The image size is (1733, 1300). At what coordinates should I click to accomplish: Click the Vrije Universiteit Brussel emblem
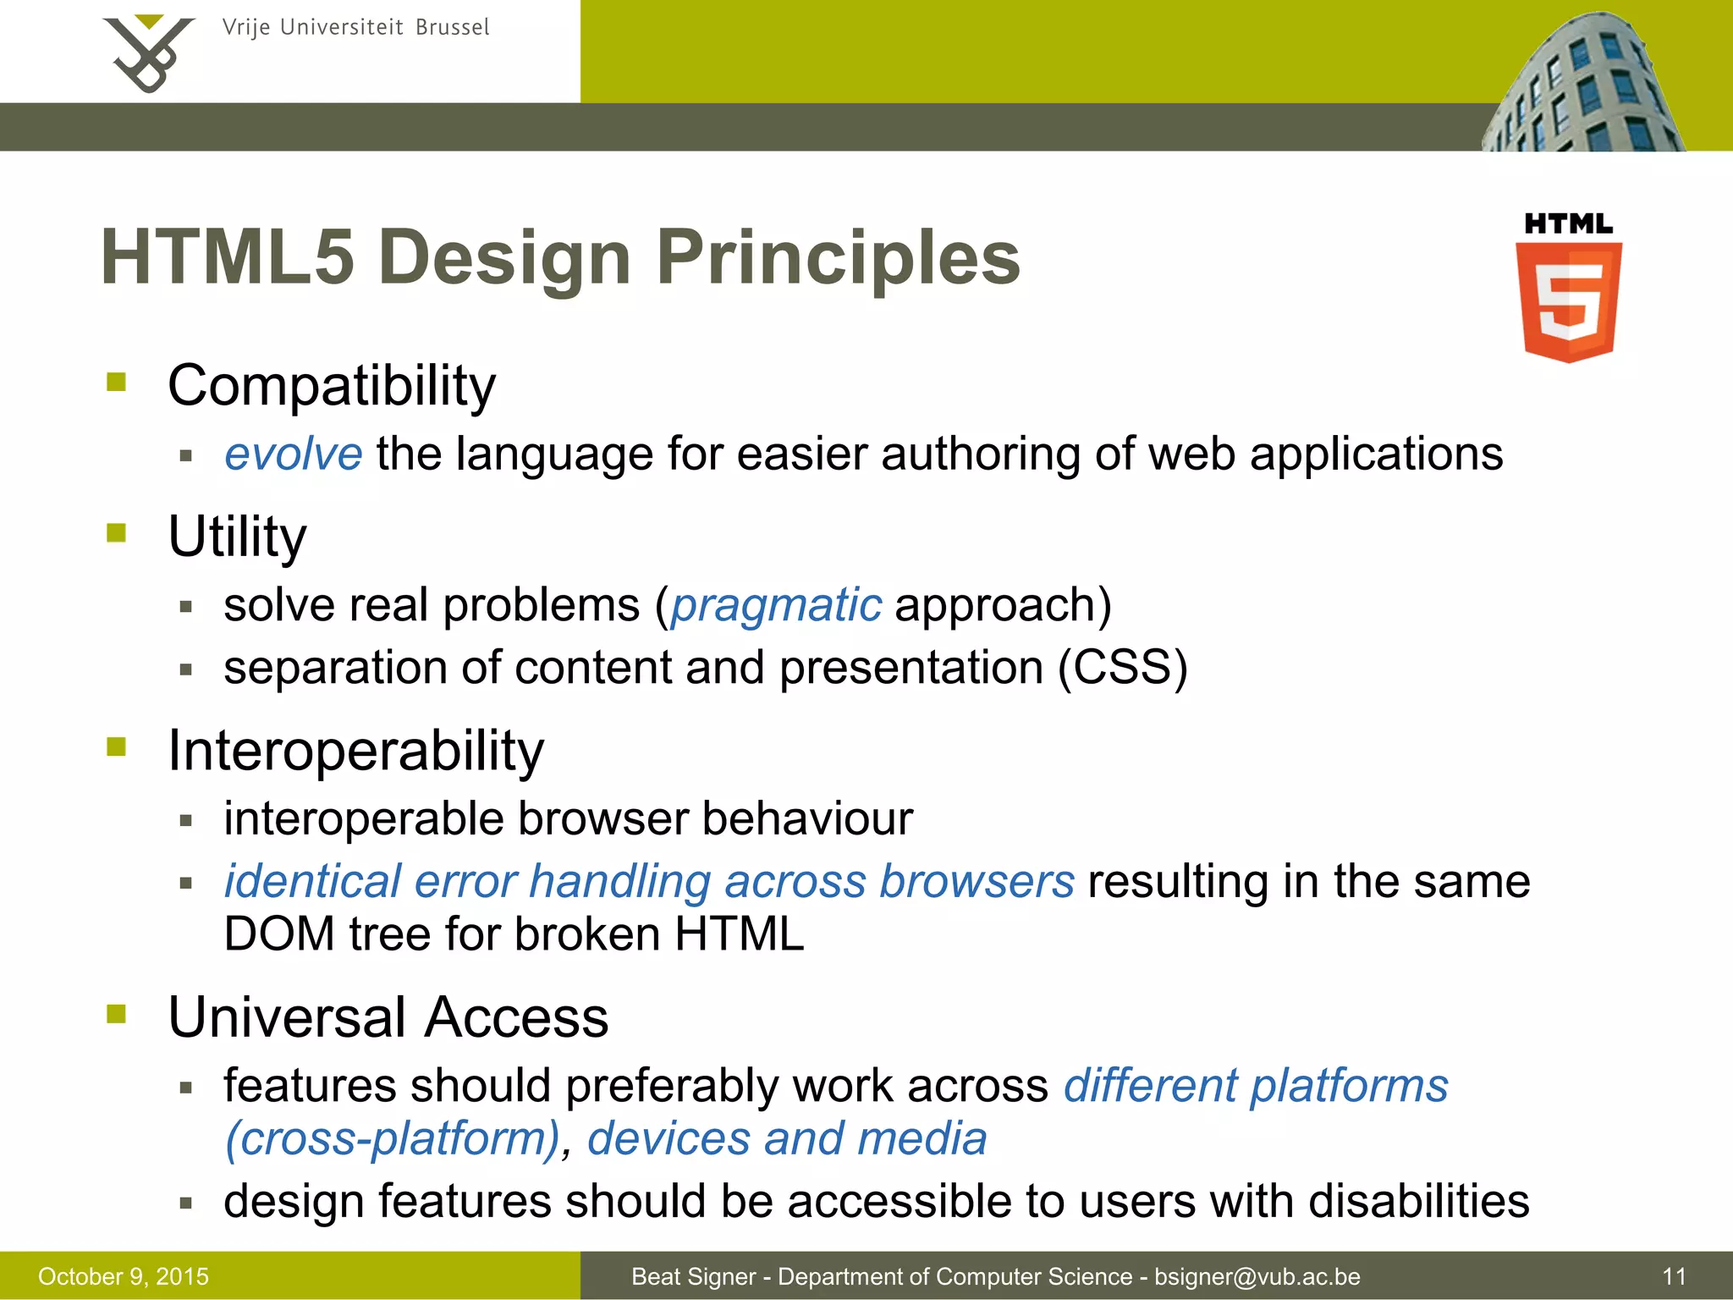pos(148,52)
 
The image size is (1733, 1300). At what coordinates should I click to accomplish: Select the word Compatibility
pos(332,386)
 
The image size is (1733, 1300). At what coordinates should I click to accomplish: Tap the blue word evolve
pos(293,454)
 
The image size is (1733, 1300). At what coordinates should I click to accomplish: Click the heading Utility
pos(237,537)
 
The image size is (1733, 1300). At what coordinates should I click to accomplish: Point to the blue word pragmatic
pos(776,605)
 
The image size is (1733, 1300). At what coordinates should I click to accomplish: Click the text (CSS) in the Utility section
pos(1123,668)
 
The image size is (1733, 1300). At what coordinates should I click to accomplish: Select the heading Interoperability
pos(355,751)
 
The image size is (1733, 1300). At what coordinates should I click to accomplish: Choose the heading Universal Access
pos(388,1017)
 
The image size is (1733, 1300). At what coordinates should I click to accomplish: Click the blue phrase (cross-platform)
pos(392,1138)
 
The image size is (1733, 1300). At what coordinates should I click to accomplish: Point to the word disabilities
pos(1419,1201)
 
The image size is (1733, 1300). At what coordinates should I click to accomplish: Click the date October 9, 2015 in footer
pos(124,1276)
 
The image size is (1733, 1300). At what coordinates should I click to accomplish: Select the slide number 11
pos(1674,1276)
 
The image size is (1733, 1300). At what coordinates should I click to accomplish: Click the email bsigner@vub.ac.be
pos(1257,1276)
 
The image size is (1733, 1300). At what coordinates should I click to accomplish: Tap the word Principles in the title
pos(838,257)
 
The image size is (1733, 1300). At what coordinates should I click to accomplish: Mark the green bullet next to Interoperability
pos(117,747)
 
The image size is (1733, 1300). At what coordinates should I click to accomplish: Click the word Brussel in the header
pos(453,28)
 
